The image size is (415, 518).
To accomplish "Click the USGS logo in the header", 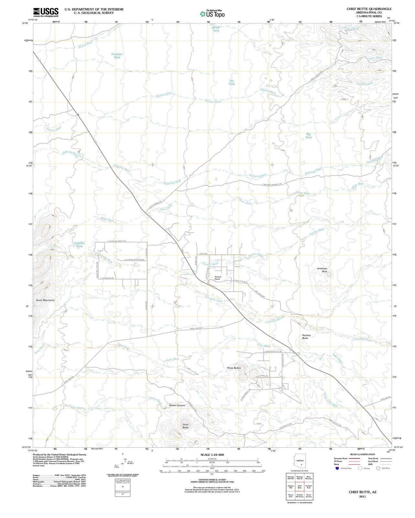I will click(46, 12).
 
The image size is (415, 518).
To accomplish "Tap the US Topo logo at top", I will click(212, 14).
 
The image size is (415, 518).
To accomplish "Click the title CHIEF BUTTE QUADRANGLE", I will click(369, 9).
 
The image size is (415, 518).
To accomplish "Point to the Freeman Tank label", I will click(117, 56).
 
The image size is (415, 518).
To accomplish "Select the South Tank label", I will click(216, 29).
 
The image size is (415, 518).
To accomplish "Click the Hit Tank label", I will click(232, 82).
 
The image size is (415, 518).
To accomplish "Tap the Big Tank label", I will click(309, 136).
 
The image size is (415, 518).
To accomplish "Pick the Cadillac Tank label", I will click(79, 244).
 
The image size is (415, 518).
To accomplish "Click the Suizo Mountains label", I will click(45, 300).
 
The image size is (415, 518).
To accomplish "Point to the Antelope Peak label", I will click(322, 270).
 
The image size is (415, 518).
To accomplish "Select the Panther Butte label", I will click(306, 337).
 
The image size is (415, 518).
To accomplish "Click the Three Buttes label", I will click(234, 368).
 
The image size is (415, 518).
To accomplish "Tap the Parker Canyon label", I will click(177, 405).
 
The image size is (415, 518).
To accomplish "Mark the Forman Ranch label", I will click(218, 278).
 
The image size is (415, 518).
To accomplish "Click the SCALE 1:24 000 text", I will click(212, 455).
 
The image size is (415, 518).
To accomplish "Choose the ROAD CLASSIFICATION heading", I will click(362, 454).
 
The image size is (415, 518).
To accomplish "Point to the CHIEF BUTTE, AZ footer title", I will click(362, 492).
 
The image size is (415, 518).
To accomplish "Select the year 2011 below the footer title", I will click(362, 497).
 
